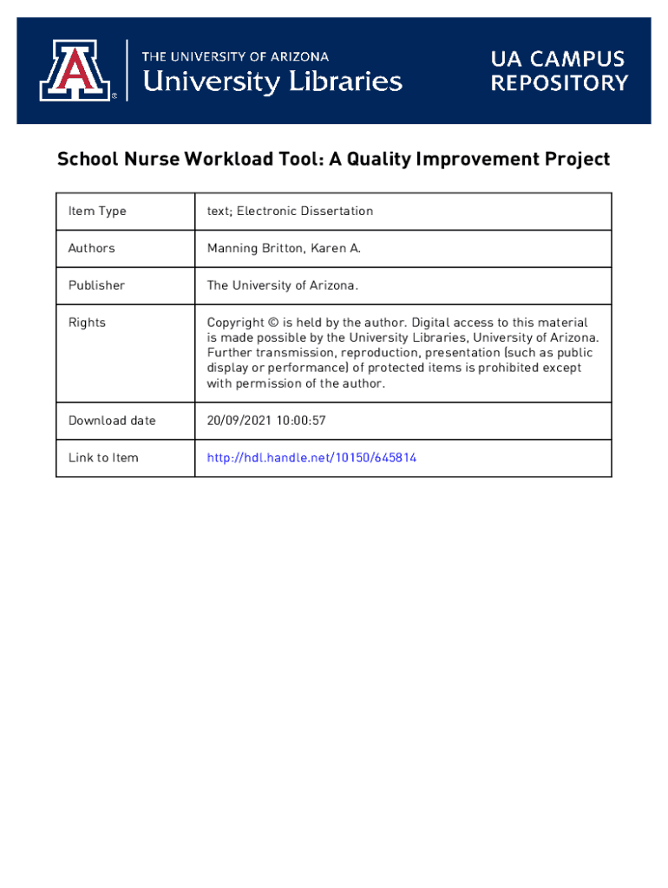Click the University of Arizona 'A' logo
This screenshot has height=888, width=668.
point(75,70)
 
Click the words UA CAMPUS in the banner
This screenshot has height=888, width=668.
point(558,60)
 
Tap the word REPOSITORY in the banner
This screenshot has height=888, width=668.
point(559,83)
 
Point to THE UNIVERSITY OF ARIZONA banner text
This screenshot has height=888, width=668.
point(235,56)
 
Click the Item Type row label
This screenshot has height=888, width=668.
point(97,212)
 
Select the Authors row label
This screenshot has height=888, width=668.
point(91,248)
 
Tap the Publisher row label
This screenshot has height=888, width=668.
point(96,285)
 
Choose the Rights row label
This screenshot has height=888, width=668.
point(87,323)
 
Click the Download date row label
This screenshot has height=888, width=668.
point(112,421)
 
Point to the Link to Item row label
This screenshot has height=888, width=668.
point(103,458)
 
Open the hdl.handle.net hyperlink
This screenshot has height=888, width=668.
point(311,458)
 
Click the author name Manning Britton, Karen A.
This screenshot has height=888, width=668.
point(283,248)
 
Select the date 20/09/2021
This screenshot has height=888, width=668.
point(238,421)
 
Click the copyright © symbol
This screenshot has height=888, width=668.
point(273,323)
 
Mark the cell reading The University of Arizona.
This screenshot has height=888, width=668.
point(282,285)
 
